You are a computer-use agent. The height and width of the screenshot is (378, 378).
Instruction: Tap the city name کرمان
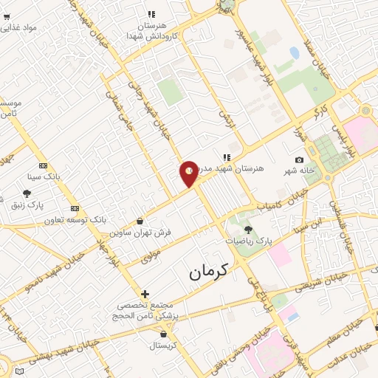point(209,272)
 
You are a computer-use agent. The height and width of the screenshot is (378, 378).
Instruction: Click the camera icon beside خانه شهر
point(299,160)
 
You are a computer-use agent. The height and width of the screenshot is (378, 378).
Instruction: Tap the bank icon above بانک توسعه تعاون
point(75,209)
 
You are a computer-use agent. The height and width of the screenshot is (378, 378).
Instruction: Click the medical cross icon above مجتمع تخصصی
point(145,294)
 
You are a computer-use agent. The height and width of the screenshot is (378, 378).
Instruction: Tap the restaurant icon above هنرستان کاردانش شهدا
point(151,13)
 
